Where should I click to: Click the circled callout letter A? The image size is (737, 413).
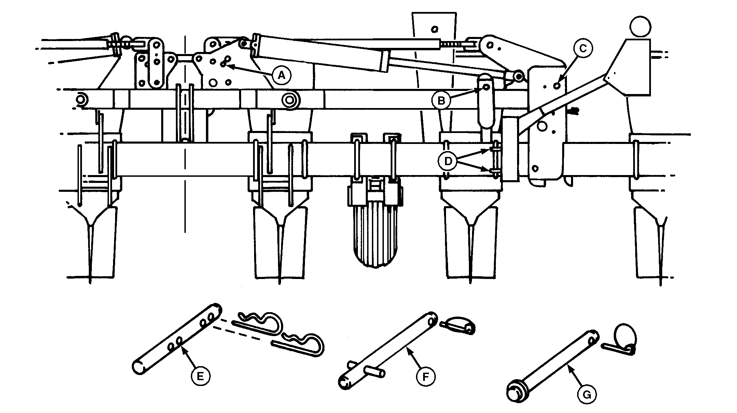281,75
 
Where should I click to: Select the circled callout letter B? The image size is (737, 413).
441,101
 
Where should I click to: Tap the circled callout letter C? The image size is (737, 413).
583,49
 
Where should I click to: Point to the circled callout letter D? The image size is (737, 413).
447,161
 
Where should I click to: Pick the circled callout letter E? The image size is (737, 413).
200,376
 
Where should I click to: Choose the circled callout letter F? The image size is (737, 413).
426,377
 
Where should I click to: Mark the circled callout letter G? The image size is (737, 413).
586,395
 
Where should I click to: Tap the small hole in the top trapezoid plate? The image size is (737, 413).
434,29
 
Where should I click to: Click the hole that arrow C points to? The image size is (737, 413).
557,86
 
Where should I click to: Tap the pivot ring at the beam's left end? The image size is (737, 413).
81,100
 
